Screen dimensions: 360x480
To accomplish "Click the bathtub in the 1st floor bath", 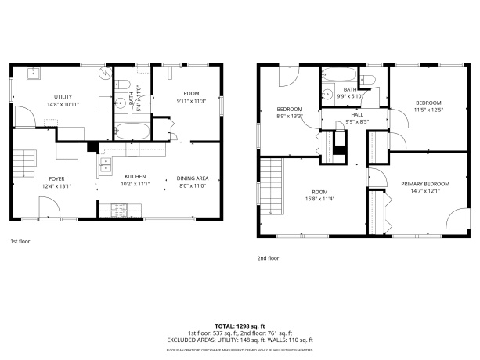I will click(x=130, y=131).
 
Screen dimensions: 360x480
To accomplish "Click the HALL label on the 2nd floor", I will click(x=355, y=115).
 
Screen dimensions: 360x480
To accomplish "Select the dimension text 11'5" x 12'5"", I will click(x=428, y=110).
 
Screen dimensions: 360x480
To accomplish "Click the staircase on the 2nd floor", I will click(x=271, y=185).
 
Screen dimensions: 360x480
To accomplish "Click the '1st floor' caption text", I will click(x=20, y=241).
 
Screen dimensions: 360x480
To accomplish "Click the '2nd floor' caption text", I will click(x=268, y=257).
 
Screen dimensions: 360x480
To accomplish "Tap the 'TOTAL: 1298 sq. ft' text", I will click(x=240, y=325).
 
